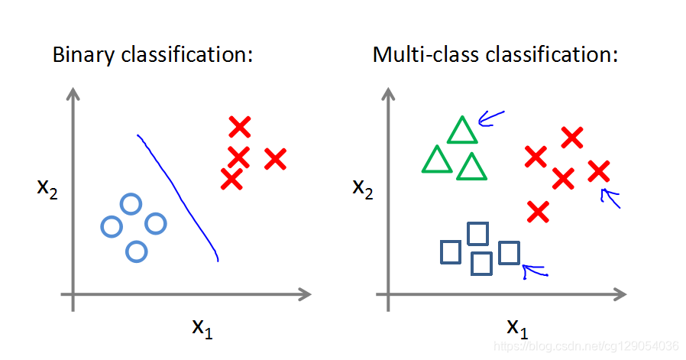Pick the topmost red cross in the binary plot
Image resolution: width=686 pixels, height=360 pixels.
pos(240,127)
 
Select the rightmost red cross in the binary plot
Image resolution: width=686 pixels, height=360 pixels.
pos(275,159)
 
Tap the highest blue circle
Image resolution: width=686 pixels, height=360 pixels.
pos(131,204)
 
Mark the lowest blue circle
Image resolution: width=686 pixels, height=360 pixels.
pos(136,251)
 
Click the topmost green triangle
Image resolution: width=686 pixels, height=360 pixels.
pos(462,131)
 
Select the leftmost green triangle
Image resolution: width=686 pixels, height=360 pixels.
pos(437,161)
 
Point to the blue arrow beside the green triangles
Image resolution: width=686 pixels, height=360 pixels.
pos(490,118)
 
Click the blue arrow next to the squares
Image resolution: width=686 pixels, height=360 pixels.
pos(533,269)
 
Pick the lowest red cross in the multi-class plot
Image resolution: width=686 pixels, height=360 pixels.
pos(539,211)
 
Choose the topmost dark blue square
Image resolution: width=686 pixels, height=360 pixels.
pos(478,232)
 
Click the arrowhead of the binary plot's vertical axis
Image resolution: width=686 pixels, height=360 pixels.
pos(73,93)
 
